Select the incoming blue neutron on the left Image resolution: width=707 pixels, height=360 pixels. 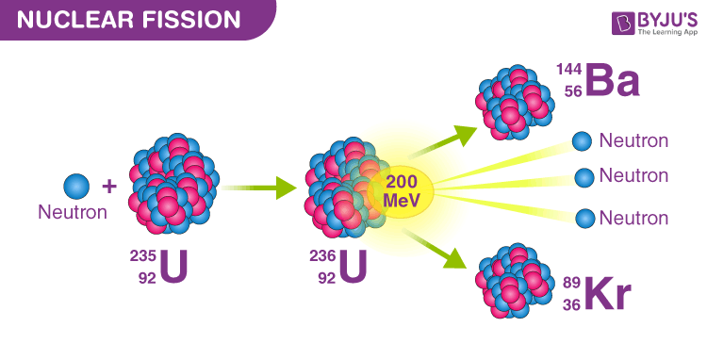coord(76,185)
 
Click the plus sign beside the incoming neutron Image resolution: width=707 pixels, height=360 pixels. coord(108,186)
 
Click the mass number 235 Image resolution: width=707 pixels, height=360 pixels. coord(142,256)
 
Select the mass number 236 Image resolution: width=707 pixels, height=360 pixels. coord(322,256)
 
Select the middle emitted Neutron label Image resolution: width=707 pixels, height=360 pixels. coord(633,176)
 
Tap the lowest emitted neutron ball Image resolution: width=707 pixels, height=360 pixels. coord(585,218)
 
